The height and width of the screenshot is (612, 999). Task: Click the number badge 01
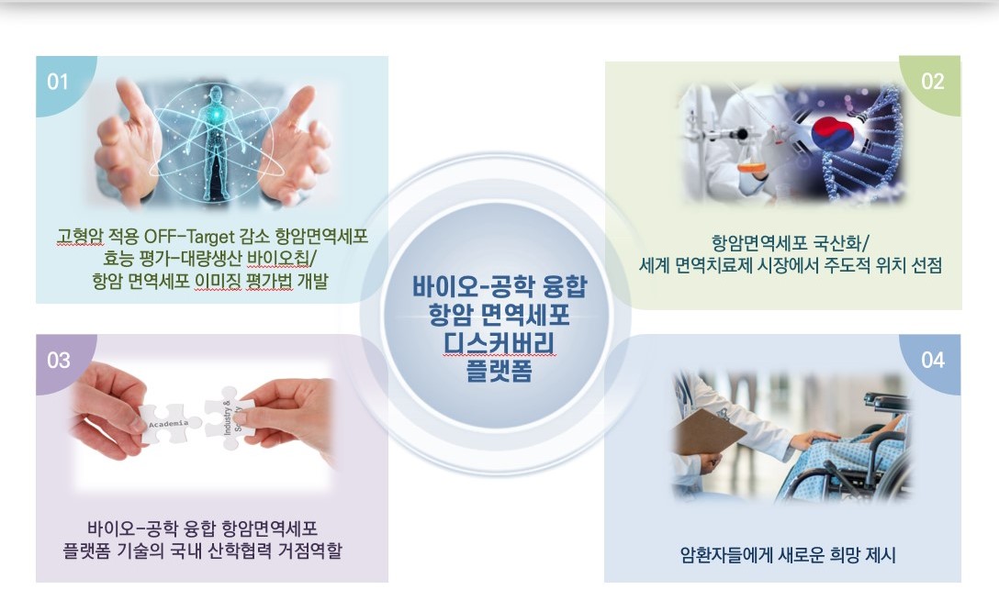(58, 83)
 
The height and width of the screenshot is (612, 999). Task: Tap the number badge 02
(932, 82)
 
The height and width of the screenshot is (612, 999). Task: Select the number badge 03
(59, 361)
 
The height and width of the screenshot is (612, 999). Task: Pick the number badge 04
(932, 361)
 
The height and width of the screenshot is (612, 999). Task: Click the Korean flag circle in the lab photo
(833, 134)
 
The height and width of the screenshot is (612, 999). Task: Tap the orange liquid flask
(752, 165)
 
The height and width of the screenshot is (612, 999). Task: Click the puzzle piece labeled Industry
(230, 417)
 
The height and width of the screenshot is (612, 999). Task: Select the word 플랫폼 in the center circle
(499, 371)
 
